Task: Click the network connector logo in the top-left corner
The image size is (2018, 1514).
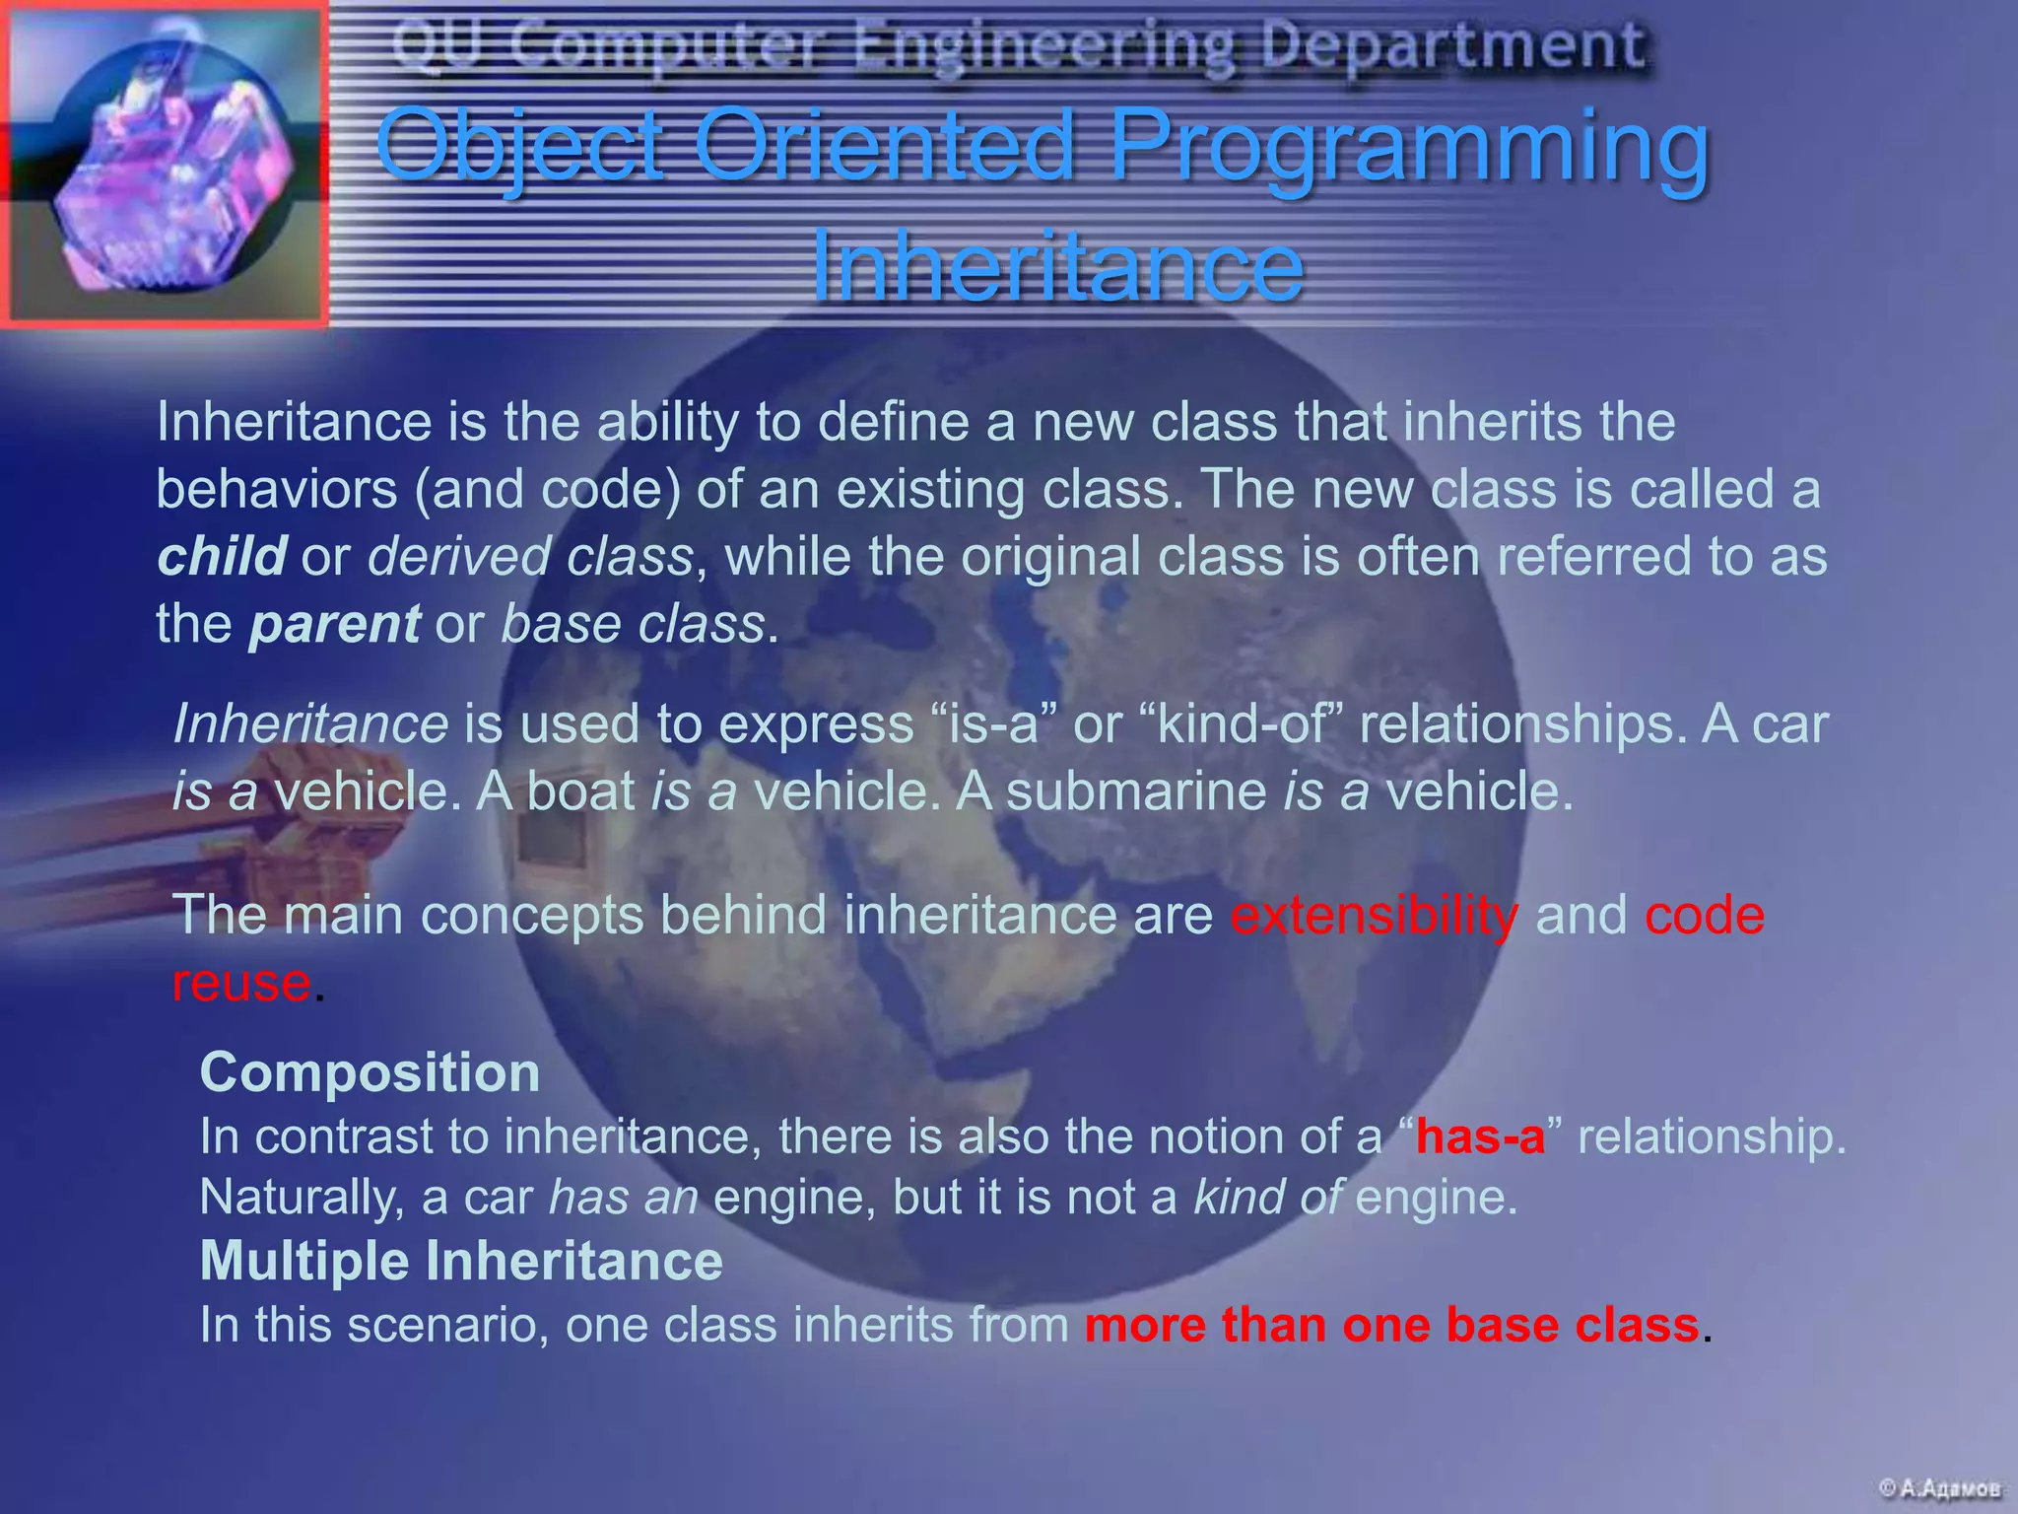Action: (x=166, y=164)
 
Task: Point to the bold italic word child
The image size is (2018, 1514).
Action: (x=222, y=556)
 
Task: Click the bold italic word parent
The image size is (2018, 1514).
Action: (x=335, y=624)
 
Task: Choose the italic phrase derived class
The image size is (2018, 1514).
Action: (x=530, y=556)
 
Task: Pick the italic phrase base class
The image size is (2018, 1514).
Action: (x=633, y=624)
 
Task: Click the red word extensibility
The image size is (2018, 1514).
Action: (x=1374, y=915)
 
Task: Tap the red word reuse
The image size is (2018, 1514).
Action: (x=241, y=983)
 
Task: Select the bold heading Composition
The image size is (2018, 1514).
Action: (x=370, y=1072)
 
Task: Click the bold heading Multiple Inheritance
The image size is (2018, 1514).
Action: (x=461, y=1261)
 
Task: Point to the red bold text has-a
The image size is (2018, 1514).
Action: (x=1480, y=1136)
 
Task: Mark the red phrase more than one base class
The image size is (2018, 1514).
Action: (x=1391, y=1325)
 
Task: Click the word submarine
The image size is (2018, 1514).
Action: (x=1136, y=791)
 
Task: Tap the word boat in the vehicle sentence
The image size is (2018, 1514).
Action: (x=581, y=791)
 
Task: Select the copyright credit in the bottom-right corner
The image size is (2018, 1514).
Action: (x=1938, y=1487)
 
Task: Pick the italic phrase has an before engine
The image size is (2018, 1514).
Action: (x=623, y=1198)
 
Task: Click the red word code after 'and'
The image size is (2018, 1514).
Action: (x=1704, y=915)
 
